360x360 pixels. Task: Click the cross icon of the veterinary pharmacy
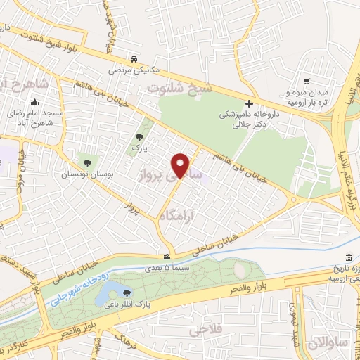(x=249, y=103)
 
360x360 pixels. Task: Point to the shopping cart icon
(x=306, y=82)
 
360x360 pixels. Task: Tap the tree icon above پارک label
(x=138, y=138)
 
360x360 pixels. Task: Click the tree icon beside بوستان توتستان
(x=87, y=163)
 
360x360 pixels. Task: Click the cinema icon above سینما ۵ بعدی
(x=166, y=256)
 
